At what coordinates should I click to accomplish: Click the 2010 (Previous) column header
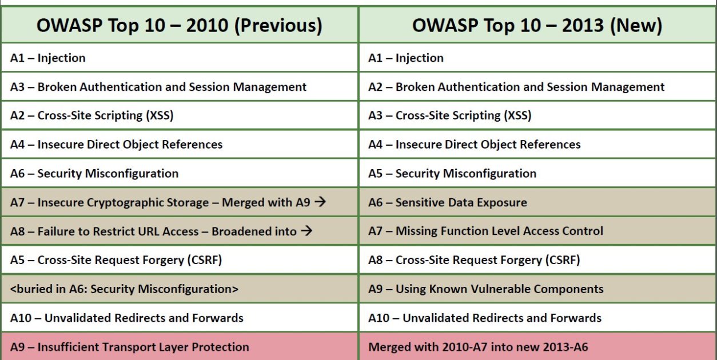click(x=180, y=25)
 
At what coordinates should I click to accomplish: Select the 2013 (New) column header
click(x=537, y=25)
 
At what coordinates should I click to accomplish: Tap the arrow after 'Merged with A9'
click(x=320, y=202)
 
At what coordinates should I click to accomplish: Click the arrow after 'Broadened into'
click(x=306, y=231)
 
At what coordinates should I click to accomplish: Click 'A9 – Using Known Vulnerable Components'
click(x=486, y=289)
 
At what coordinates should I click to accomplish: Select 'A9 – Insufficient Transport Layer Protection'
click(x=130, y=347)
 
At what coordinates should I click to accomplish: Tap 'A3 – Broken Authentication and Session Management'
click(x=158, y=87)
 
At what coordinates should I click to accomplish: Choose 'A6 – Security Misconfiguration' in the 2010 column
click(x=94, y=174)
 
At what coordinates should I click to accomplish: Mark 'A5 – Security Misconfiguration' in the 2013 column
click(x=452, y=174)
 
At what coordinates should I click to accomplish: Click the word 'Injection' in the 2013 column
click(x=419, y=58)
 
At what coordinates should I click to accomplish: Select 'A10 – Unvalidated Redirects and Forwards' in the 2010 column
click(x=127, y=318)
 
